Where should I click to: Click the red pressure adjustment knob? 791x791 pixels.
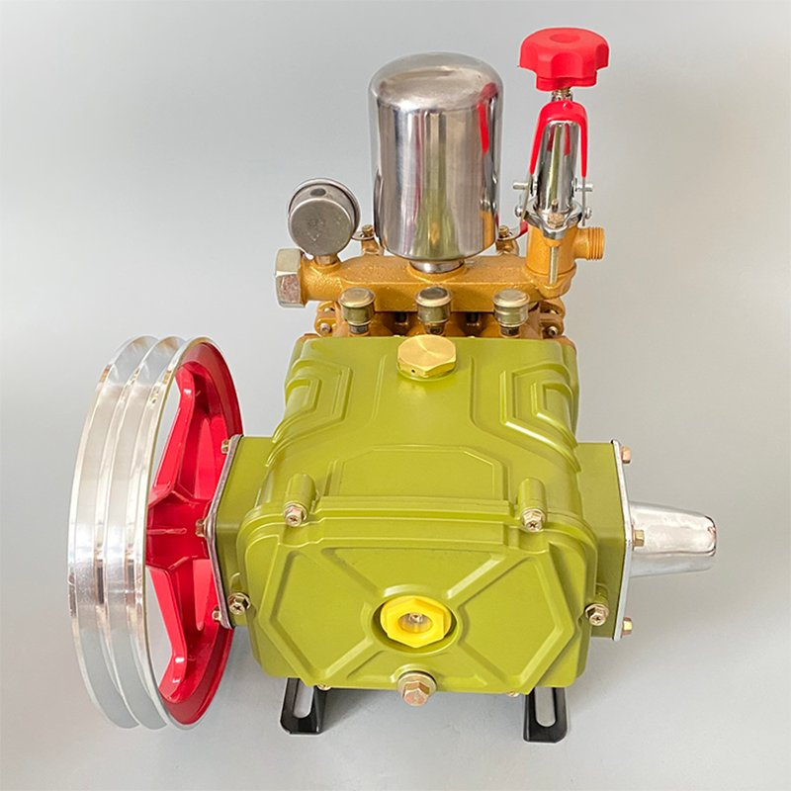564,55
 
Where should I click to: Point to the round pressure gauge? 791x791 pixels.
322,216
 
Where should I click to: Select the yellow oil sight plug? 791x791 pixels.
415,621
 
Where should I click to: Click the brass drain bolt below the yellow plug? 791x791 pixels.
415,686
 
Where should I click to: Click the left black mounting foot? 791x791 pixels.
297,708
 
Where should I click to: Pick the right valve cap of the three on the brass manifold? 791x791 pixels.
511,306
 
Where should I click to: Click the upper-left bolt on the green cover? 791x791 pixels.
295,513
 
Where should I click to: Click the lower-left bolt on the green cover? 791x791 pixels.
238,602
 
